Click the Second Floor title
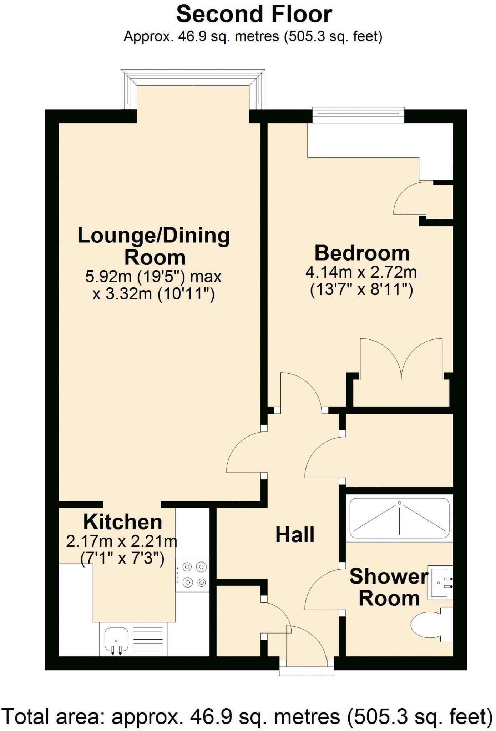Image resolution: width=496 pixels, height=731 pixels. (254, 14)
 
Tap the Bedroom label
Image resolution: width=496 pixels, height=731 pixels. (362, 253)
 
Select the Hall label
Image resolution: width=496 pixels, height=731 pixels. (295, 535)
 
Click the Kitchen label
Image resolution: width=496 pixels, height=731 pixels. (123, 522)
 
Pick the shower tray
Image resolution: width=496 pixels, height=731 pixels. (400, 518)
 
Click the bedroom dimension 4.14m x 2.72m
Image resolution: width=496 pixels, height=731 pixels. (361, 272)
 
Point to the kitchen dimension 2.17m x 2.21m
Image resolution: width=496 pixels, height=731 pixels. (122, 542)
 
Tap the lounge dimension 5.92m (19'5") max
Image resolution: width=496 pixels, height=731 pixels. (153, 277)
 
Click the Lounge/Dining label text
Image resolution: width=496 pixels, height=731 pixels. (153, 236)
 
